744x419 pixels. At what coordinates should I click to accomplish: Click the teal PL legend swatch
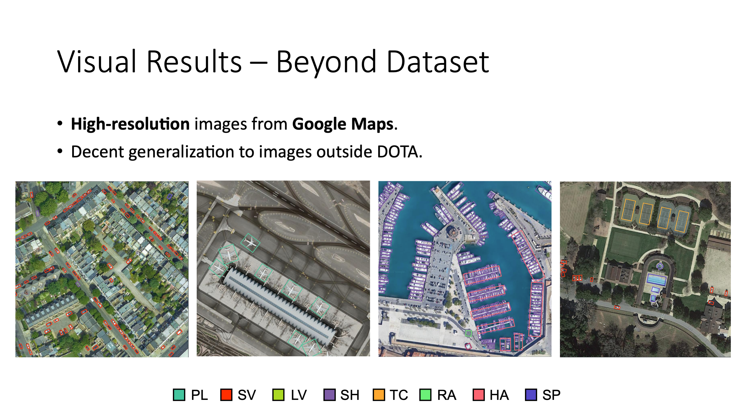tap(179, 395)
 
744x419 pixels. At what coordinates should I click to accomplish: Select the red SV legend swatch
tap(226, 395)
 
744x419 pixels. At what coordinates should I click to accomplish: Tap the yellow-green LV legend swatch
tap(278, 395)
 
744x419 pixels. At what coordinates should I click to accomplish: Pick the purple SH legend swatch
tap(329, 395)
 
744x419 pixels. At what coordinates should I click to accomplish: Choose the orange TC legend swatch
tap(379, 395)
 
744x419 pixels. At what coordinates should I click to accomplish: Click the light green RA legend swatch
tap(425, 395)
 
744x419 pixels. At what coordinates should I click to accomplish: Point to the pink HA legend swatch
tap(479, 395)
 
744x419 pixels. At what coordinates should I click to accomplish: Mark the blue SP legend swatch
tap(531, 395)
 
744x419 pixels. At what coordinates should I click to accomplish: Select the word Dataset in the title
tap(438, 61)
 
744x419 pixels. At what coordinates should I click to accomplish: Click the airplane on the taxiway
tap(250, 243)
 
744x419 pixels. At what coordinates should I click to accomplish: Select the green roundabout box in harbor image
tap(468, 333)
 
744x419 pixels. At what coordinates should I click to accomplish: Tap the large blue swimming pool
tap(657, 280)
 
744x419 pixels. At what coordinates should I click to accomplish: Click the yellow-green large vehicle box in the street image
tap(19, 231)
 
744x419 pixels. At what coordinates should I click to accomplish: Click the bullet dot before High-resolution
tap(60, 123)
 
